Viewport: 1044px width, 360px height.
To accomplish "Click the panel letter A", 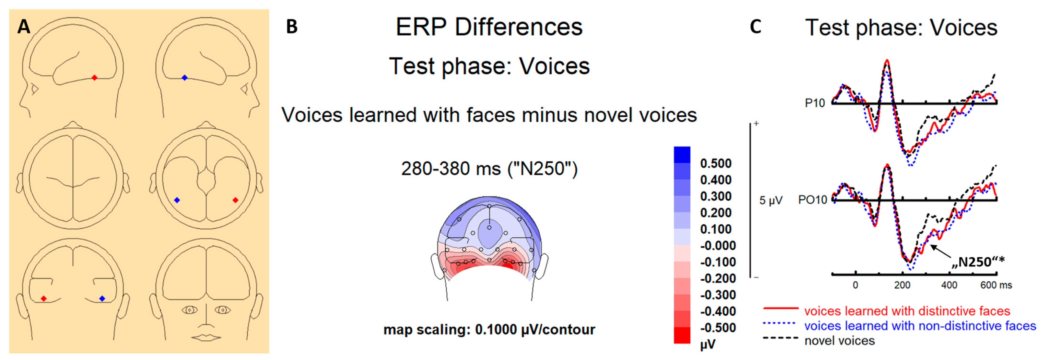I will (x=23, y=27).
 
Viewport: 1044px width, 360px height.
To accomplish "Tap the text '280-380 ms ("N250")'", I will (x=489, y=169).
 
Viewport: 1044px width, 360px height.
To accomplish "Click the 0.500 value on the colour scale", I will (x=716, y=163).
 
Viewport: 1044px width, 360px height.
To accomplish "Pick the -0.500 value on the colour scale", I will (x=717, y=327).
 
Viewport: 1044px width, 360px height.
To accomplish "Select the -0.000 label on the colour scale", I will (x=717, y=246).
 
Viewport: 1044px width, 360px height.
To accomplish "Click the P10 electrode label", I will (x=815, y=103).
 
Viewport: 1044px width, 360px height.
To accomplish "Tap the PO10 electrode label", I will (x=812, y=200).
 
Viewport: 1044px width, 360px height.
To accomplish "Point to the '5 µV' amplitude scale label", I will (x=770, y=200).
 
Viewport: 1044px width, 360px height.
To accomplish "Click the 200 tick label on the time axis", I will (x=902, y=285).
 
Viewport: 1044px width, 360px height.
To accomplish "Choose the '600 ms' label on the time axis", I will (x=996, y=285).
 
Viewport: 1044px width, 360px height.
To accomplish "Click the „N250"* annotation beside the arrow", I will (x=978, y=262).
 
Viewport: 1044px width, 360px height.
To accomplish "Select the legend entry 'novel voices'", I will (x=839, y=341).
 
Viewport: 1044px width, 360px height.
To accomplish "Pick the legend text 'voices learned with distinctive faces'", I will (x=907, y=311).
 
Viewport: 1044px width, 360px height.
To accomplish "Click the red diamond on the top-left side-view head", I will (x=94, y=77).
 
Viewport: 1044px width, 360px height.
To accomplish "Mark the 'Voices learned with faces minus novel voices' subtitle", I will (x=489, y=115).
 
